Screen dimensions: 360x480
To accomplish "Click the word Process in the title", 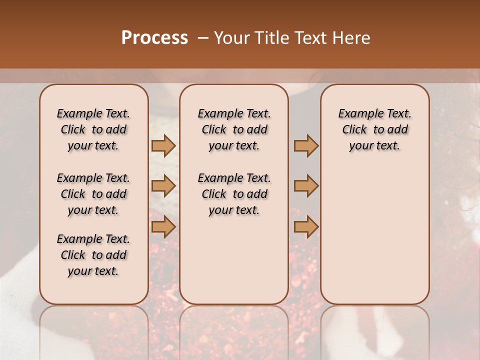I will [154, 38].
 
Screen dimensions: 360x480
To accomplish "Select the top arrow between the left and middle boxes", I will [163, 145].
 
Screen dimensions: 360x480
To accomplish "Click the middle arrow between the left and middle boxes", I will [163, 186].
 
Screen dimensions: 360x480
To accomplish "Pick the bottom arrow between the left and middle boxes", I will [163, 227].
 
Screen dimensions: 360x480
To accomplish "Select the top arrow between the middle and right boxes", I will [306, 145].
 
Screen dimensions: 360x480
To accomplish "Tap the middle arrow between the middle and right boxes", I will [306, 186].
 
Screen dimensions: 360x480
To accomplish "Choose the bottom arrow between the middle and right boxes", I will [306, 227].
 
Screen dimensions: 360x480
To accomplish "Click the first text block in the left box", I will [93, 129].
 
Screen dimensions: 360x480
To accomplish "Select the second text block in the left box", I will [93, 194].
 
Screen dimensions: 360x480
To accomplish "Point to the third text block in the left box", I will [93, 255].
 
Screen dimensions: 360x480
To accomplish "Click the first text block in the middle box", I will [234, 129].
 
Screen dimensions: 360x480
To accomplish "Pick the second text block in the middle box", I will [234, 194].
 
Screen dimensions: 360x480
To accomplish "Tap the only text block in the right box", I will [374, 129].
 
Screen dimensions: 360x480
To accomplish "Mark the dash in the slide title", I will [203, 38].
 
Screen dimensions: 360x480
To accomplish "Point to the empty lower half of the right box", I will [374, 240].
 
